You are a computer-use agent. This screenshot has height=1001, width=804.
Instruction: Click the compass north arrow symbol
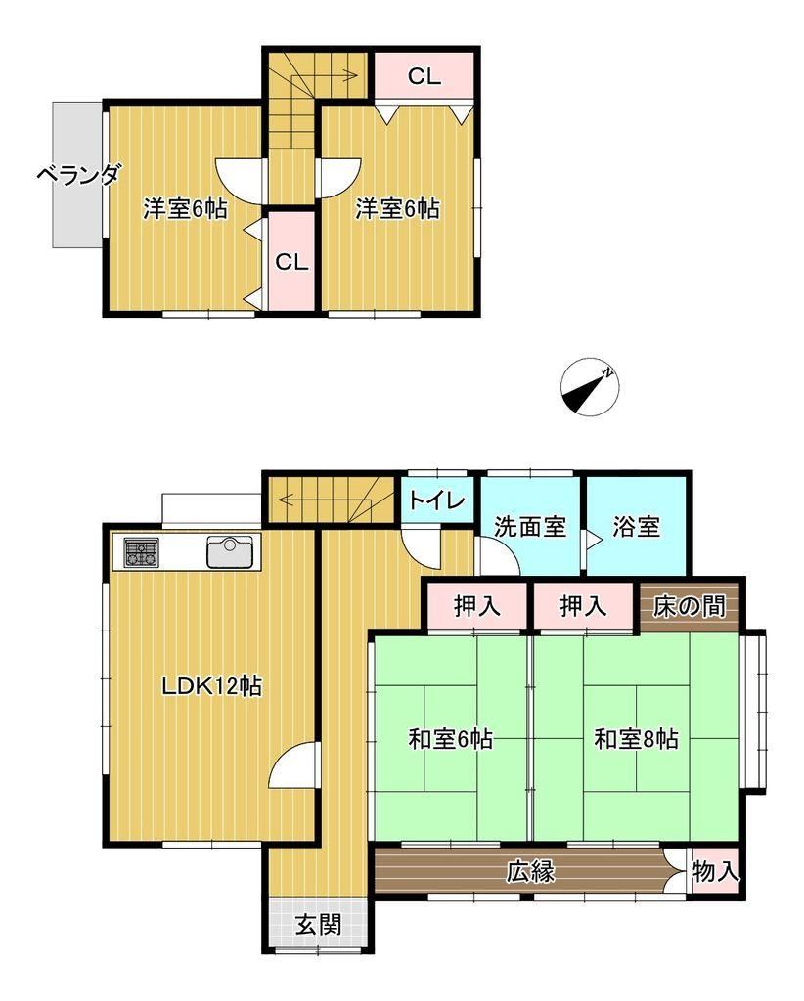coord(590,387)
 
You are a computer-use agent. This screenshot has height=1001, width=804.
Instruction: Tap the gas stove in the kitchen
coord(142,552)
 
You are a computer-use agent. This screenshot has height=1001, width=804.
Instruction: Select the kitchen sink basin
coord(230,552)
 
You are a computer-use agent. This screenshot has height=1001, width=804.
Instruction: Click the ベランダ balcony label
coord(78,174)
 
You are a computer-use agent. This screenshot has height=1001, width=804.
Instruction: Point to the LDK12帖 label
coord(211,686)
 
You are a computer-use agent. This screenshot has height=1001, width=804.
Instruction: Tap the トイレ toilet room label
coord(437,500)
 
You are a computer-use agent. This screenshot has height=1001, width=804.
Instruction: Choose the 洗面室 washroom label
coord(530,527)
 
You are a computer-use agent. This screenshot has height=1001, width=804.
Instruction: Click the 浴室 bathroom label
coord(636,527)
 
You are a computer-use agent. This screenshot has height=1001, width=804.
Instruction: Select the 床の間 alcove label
coord(689,606)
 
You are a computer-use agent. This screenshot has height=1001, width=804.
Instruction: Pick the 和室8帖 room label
coord(636,739)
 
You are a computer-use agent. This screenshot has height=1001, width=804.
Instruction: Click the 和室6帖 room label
coord(450,739)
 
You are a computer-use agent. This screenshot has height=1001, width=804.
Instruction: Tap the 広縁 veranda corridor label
coord(531,871)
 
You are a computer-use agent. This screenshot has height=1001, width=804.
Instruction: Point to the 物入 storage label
coord(716,871)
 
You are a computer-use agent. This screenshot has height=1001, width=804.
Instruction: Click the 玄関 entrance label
coord(318,924)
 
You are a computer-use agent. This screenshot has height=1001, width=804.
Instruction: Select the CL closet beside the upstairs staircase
coord(424,76)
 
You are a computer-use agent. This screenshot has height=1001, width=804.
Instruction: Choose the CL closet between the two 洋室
coord(291,261)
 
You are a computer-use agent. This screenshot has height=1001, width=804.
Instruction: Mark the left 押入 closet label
coord(477,606)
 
